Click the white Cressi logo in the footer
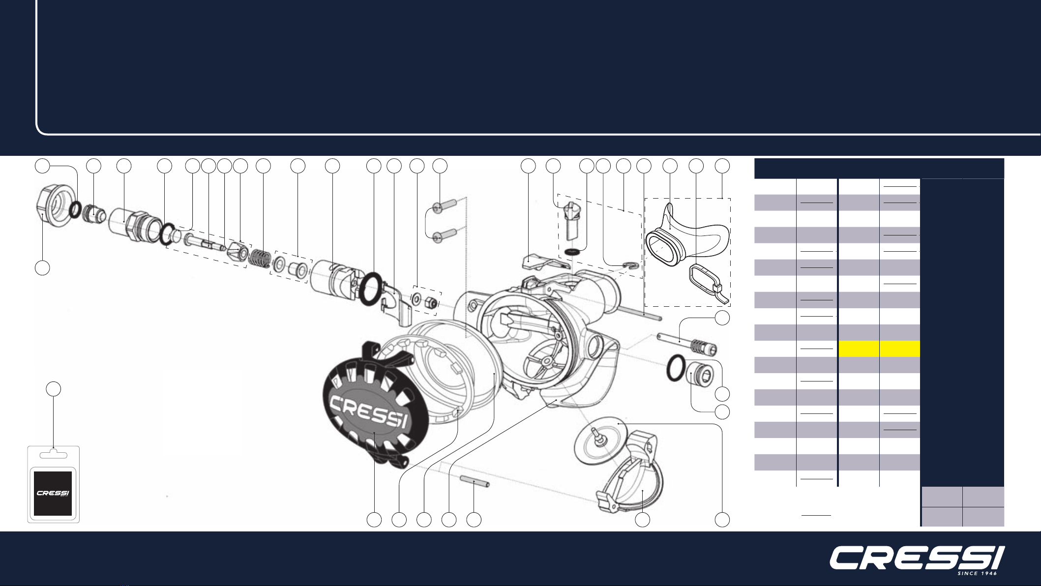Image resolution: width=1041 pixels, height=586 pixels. click(917, 559)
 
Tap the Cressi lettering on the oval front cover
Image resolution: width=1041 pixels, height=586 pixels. click(368, 411)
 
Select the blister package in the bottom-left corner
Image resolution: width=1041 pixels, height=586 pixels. click(53, 484)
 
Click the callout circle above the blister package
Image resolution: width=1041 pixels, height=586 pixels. click(54, 389)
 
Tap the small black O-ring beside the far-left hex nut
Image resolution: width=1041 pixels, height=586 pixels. click(75, 209)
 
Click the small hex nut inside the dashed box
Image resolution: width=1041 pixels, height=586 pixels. click(430, 303)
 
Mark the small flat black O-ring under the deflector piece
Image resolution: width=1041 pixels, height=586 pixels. click(572, 252)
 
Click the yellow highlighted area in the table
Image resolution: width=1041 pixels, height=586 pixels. click(879, 349)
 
